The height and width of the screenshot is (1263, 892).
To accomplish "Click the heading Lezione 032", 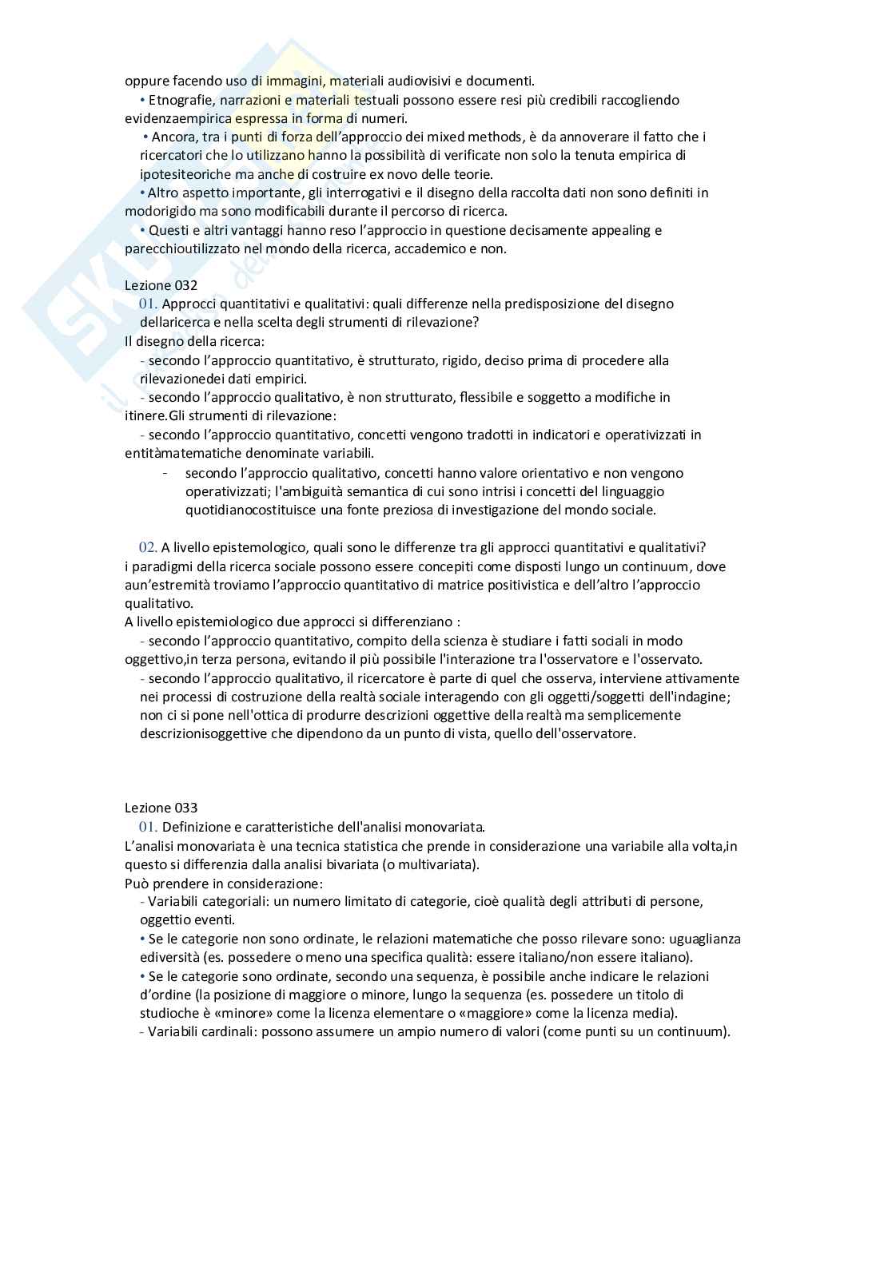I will coord(161,285).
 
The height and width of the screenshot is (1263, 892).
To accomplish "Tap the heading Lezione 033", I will coord(161,808).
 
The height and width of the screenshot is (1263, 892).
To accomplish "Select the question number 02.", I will coord(148,547).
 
